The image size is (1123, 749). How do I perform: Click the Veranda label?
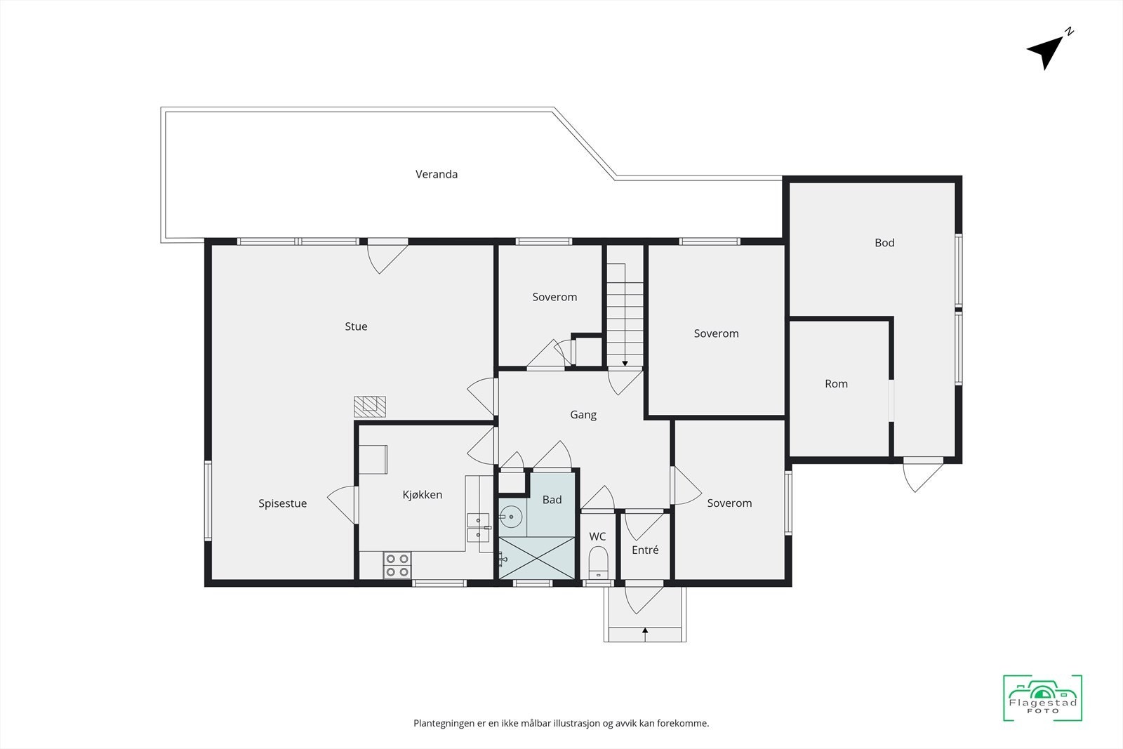pyautogui.click(x=436, y=174)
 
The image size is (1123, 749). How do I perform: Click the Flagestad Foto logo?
pyautogui.click(x=1042, y=698)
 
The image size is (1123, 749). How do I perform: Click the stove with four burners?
pyautogui.click(x=397, y=566)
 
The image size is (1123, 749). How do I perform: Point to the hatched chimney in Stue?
pyautogui.click(x=369, y=406)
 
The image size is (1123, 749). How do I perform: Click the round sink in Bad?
pyautogui.click(x=512, y=517)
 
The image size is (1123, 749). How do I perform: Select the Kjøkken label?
pyautogui.click(x=422, y=495)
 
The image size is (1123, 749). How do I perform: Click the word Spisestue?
pyautogui.click(x=282, y=503)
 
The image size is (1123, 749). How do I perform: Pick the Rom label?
pyautogui.click(x=836, y=384)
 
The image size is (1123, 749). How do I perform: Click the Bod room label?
pyautogui.click(x=884, y=243)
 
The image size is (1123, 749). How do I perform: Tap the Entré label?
pyautogui.click(x=645, y=550)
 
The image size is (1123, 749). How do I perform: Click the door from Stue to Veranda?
pyautogui.click(x=387, y=254)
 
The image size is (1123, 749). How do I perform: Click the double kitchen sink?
pyautogui.click(x=478, y=527)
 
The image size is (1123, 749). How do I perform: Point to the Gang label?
pyautogui.click(x=583, y=415)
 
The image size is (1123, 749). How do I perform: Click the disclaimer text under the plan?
pyautogui.click(x=561, y=723)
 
